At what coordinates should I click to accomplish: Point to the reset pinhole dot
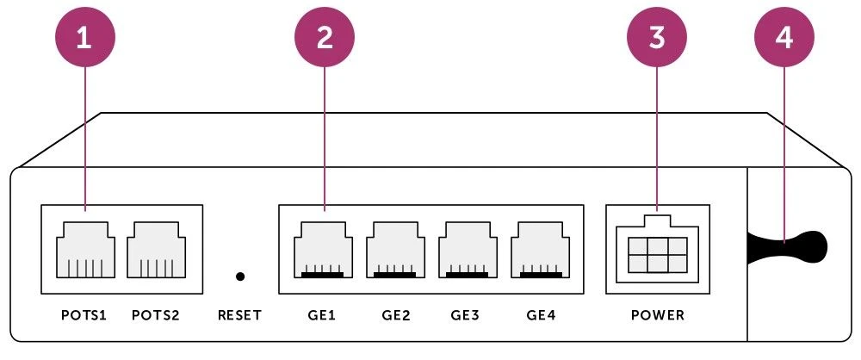(x=240, y=276)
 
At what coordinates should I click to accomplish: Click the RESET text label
(x=240, y=315)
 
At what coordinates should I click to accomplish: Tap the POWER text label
(x=658, y=315)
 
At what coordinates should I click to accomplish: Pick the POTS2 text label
(x=156, y=315)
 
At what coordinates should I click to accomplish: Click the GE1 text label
(x=322, y=315)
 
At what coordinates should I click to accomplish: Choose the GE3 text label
(x=466, y=315)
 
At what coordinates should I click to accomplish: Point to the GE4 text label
(x=541, y=315)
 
